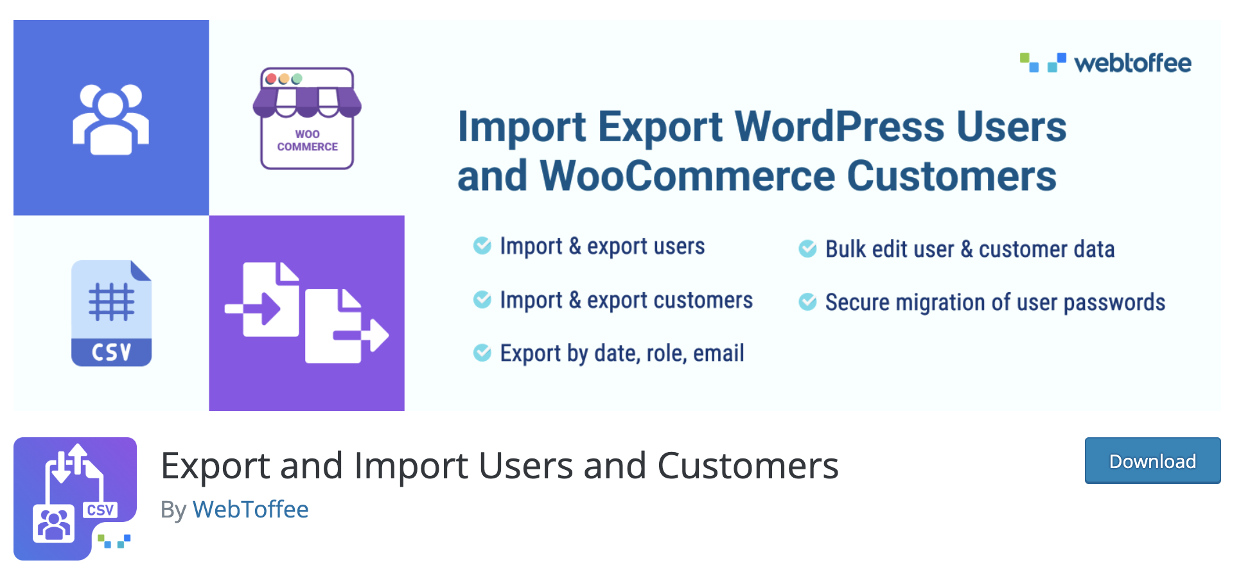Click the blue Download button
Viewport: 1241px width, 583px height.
pos(1152,460)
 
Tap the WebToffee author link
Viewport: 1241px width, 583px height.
pos(251,509)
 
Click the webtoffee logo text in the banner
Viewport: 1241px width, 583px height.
pos(1133,63)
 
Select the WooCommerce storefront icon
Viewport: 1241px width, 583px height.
pos(307,118)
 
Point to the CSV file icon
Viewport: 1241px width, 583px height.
pos(112,313)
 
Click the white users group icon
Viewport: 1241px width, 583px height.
pos(111,119)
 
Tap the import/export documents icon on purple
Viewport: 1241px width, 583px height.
pos(306,313)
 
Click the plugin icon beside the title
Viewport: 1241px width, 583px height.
pos(75,499)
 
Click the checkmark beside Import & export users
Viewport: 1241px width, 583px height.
pos(482,245)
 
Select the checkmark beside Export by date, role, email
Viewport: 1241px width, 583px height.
pos(482,352)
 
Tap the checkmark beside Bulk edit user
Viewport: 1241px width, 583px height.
pos(807,248)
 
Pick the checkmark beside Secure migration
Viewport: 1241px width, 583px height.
pos(807,302)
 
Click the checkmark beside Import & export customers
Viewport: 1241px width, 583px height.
pos(482,299)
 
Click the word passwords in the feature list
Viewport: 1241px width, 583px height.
pos(1114,302)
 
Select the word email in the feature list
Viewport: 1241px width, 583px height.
pos(719,352)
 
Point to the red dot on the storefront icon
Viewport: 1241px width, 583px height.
pos(271,79)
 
